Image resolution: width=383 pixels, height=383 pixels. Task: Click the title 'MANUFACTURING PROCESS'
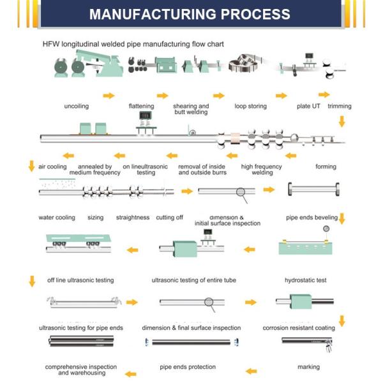(x=190, y=14)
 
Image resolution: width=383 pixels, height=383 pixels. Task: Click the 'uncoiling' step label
(x=76, y=106)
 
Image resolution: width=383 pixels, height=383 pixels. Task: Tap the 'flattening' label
(x=142, y=106)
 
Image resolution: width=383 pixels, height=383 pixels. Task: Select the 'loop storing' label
(x=250, y=106)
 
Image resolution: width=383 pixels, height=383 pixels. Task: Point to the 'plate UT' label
(x=309, y=106)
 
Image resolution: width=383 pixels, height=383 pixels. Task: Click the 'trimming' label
(x=340, y=106)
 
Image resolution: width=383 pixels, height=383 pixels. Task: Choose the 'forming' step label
(x=326, y=167)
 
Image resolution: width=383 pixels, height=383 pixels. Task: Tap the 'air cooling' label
(x=52, y=167)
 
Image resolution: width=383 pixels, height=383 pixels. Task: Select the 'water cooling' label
(x=57, y=218)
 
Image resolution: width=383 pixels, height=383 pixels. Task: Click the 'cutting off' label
(x=169, y=218)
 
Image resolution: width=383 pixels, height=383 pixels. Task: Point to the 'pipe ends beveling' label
(x=311, y=218)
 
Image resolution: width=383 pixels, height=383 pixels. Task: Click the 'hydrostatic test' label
(x=305, y=280)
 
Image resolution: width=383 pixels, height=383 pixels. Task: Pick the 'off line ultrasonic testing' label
(x=80, y=280)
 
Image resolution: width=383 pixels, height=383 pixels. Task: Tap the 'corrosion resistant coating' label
(x=299, y=328)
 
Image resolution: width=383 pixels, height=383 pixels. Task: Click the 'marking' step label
(x=308, y=367)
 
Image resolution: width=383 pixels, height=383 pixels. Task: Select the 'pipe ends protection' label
(x=188, y=367)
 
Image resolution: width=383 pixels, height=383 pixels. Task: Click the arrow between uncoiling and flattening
(x=109, y=96)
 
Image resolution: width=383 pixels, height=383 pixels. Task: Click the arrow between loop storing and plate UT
(x=281, y=96)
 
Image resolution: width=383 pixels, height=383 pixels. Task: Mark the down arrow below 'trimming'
(x=342, y=121)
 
